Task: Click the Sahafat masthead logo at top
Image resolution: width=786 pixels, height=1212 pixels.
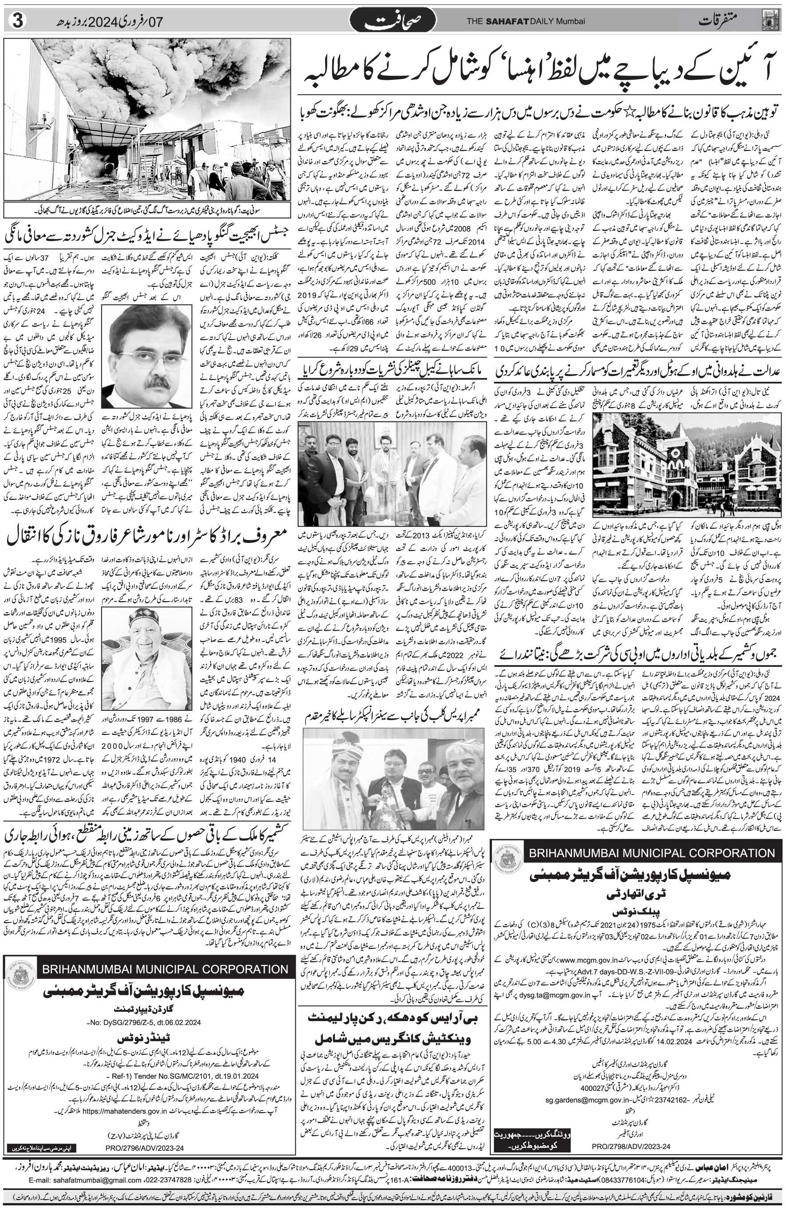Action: pos(393,21)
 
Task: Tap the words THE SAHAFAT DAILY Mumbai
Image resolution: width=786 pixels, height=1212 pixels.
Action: pos(525,21)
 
